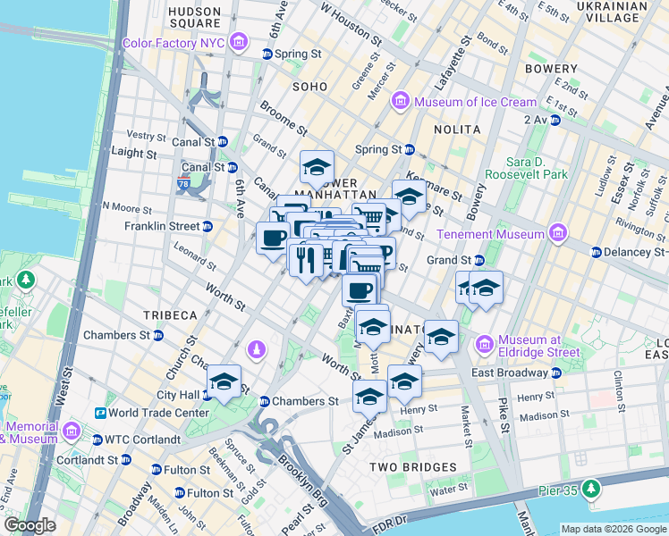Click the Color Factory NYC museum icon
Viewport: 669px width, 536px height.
pos(238,42)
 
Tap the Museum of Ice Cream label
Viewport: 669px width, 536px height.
pos(475,102)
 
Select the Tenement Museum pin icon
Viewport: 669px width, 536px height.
pos(559,234)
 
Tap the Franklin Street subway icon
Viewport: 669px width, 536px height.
pos(207,227)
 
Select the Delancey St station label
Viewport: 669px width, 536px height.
pos(636,252)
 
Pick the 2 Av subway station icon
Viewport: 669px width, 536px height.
pos(555,119)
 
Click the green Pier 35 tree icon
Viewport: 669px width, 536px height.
pos(590,489)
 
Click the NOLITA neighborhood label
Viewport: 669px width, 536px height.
pos(457,130)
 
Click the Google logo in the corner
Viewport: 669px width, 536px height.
pos(30,525)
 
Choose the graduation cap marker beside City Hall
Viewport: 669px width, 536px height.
pos(224,381)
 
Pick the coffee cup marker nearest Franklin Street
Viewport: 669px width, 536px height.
pos(274,239)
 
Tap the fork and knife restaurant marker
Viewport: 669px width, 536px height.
pos(305,259)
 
